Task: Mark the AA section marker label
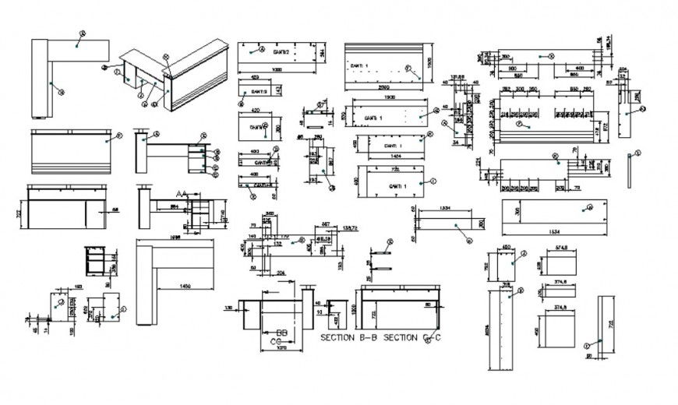click(182, 193)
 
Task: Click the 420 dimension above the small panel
click(255, 111)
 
